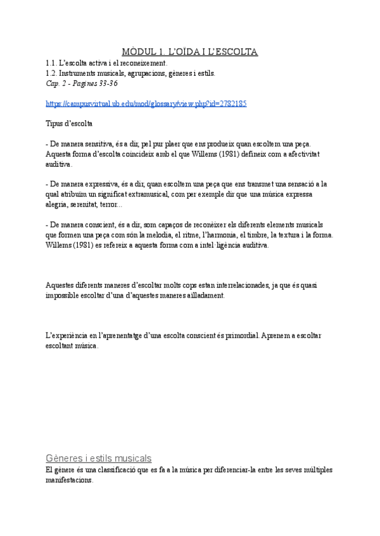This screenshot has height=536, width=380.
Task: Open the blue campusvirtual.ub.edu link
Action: [146, 103]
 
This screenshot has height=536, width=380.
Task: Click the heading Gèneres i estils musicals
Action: [99, 457]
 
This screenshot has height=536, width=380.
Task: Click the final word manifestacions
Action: [70, 480]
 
